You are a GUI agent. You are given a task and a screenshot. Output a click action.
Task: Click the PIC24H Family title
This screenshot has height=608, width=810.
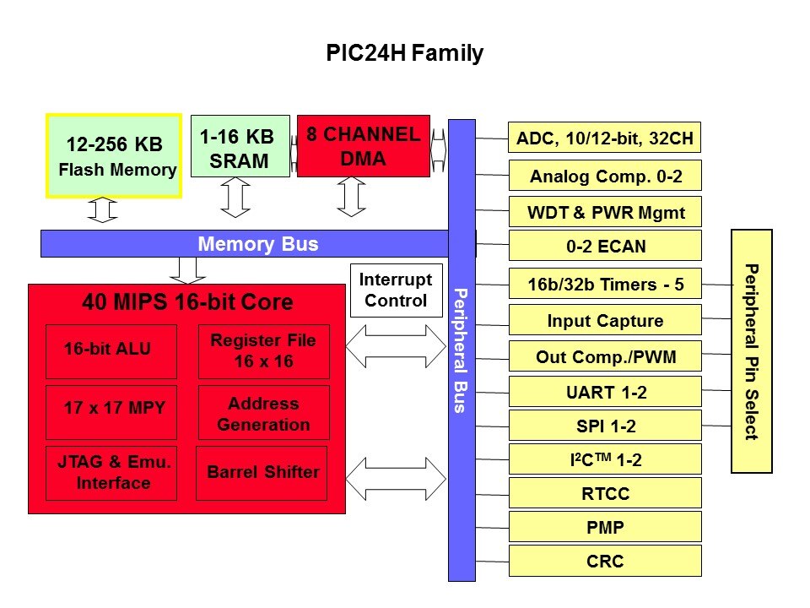405,54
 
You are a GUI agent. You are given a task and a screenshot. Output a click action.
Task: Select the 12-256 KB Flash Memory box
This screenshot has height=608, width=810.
113,156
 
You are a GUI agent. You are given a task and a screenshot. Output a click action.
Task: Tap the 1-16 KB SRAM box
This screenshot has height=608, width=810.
240,147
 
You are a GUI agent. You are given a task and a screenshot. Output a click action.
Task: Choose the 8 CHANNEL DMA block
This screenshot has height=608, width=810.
363,146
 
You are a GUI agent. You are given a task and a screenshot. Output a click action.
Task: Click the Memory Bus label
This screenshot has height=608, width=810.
257,245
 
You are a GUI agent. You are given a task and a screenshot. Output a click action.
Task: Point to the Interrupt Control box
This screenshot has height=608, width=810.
396,290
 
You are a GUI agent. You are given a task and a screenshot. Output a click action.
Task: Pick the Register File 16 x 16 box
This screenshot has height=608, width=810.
263,350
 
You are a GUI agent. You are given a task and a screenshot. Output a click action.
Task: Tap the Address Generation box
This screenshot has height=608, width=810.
263,414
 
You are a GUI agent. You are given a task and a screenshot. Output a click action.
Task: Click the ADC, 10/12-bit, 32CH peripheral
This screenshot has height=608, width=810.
605,138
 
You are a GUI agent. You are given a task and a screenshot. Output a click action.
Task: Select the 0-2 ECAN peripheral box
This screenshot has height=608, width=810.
605,247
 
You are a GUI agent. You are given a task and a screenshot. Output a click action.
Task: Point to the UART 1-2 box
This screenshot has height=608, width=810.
605,392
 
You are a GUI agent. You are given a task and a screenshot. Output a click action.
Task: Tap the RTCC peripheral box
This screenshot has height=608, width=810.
605,494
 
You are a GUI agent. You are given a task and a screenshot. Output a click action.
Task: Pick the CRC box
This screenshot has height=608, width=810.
605,561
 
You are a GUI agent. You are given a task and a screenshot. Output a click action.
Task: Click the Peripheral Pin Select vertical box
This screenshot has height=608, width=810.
751,350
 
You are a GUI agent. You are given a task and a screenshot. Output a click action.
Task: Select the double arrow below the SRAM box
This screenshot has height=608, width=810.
235,198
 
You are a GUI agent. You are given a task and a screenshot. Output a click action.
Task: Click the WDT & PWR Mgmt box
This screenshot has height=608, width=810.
605,212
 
